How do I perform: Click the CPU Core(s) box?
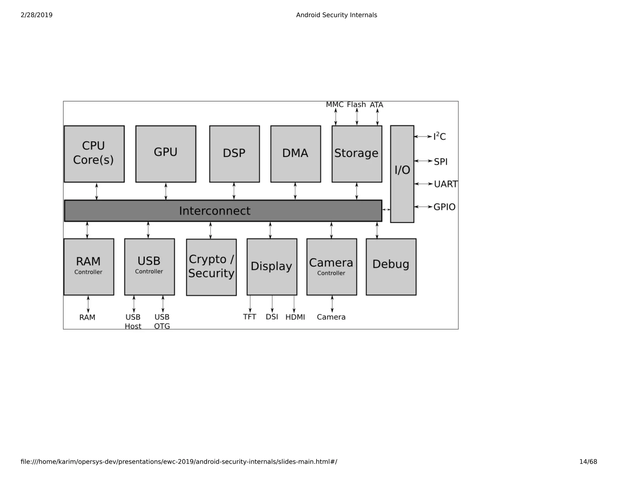(x=94, y=154)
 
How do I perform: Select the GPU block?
(x=166, y=154)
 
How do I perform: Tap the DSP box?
(x=234, y=154)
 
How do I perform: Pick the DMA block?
(x=295, y=154)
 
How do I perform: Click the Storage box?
(x=357, y=154)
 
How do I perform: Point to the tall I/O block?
(x=402, y=174)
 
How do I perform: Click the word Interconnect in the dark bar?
(x=215, y=211)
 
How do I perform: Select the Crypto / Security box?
(x=211, y=267)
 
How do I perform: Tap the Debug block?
(x=391, y=267)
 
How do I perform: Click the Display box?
(x=272, y=267)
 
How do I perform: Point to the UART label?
(x=445, y=184)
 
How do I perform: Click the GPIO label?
(x=444, y=207)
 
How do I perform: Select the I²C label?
(x=439, y=137)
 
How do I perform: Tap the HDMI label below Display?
(x=295, y=317)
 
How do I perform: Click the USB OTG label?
(x=162, y=321)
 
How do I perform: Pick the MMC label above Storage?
(x=334, y=105)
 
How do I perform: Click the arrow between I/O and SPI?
(x=423, y=161)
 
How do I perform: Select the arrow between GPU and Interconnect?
(x=166, y=191)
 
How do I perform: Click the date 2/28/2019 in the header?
(x=37, y=15)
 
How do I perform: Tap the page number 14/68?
(x=588, y=462)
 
